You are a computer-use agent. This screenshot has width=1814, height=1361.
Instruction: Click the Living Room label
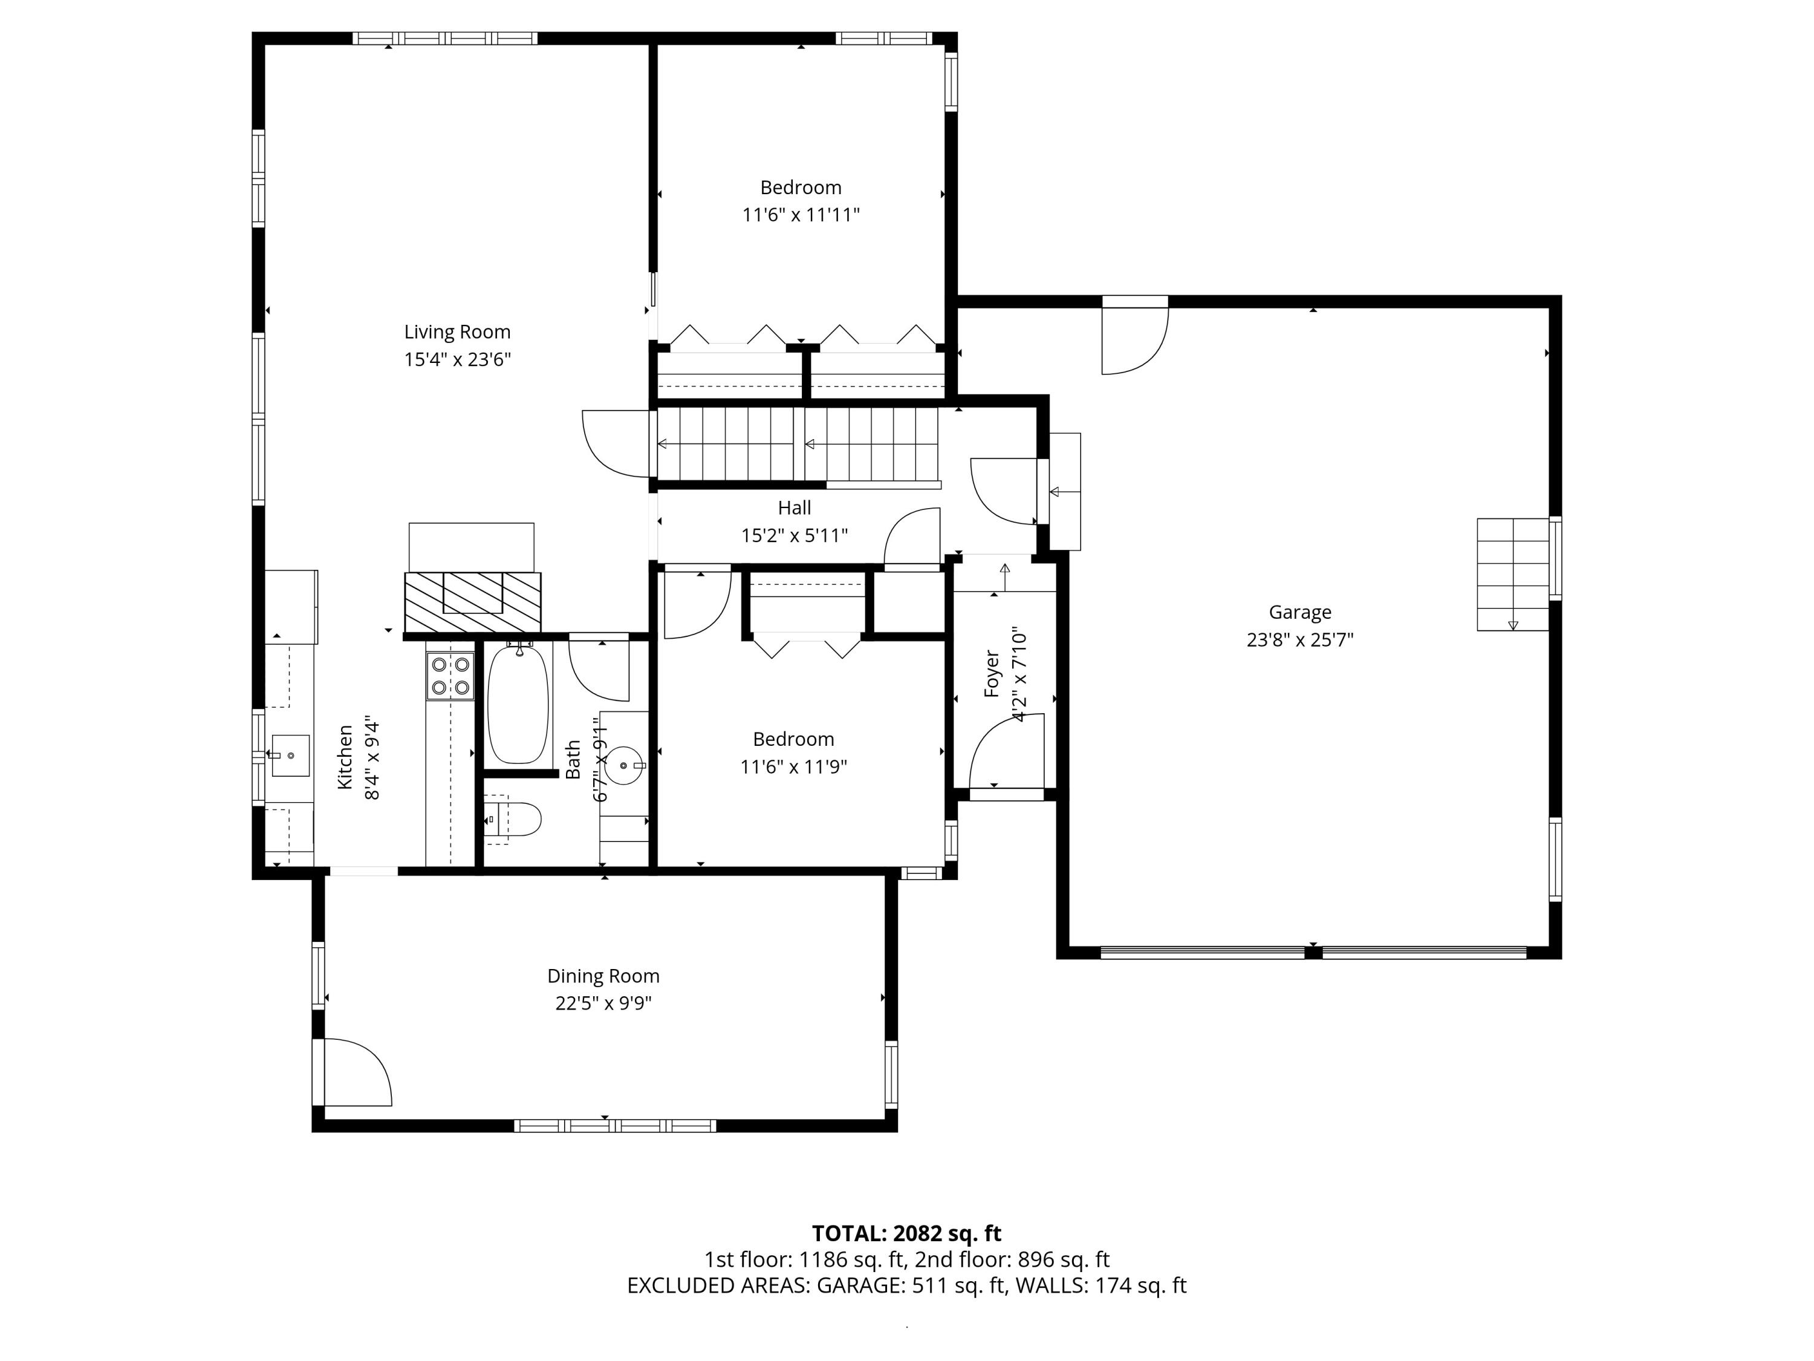click(x=457, y=332)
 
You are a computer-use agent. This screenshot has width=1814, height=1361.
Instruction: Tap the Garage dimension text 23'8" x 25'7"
click(x=1300, y=640)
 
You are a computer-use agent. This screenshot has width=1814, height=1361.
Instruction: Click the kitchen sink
click(x=290, y=755)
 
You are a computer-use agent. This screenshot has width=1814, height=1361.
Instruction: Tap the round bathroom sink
click(x=624, y=765)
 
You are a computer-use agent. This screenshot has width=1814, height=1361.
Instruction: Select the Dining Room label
click(x=603, y=976)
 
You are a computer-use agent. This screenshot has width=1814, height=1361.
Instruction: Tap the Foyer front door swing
click(x=1007, y=751)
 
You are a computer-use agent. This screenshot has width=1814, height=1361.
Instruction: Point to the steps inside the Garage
click(x=1512, y=574)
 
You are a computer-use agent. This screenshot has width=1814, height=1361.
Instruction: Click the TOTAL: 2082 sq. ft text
click(x=906, y=1233)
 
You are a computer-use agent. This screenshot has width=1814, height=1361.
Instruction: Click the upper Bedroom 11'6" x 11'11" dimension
click(x=801, y=215)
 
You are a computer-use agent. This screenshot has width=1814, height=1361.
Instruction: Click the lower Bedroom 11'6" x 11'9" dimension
click(x=793, y=767)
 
